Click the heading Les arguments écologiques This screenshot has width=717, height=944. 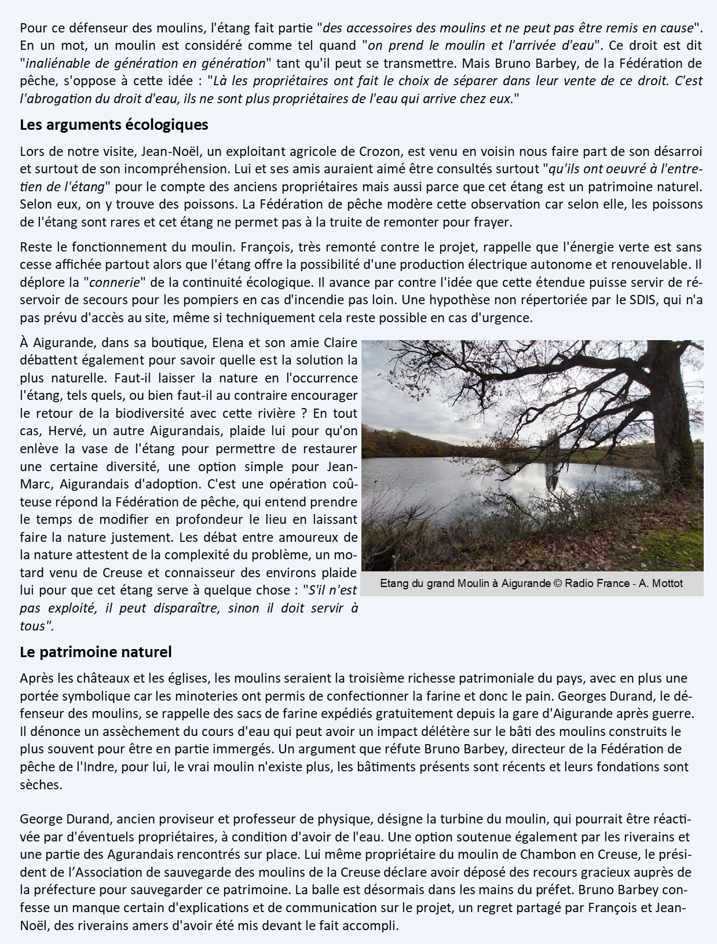click(x=114, y=125)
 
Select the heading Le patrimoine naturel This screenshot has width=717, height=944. click(x=96, y=652)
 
